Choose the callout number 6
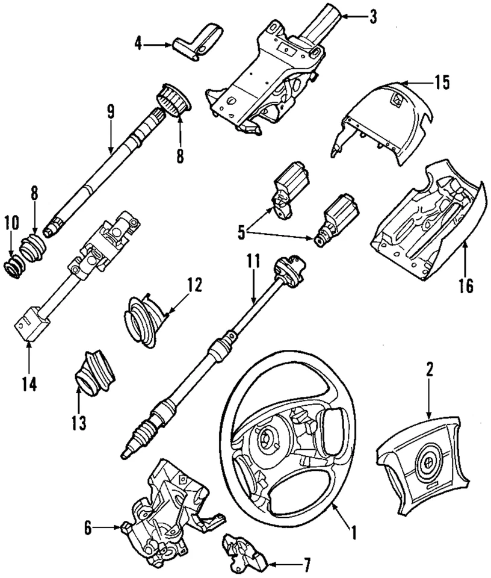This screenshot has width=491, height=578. coord(88,528)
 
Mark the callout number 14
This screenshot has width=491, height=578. coord(29,384)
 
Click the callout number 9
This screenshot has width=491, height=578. coord(110,111)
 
